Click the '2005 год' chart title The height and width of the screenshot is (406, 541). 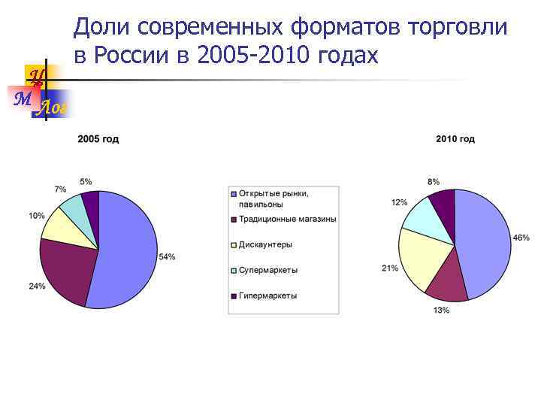[98, 139]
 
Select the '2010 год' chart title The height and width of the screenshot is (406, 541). [455, 139]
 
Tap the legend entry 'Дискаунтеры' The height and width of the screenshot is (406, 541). [264, 244]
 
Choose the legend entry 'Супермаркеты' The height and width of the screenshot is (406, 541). [267, 270]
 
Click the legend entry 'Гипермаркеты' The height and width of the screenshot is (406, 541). [267, 295]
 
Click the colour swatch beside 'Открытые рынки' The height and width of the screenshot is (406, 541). [234, 194]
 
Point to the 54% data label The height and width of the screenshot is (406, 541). [167, 256]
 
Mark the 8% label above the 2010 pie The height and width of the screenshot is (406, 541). [434, 182]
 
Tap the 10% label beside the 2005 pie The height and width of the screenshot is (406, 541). [36, 216]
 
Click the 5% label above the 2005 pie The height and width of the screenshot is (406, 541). [86, 181]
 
